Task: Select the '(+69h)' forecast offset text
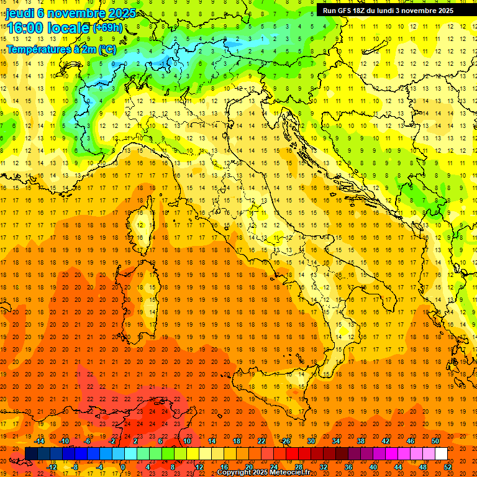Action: coord(107,28)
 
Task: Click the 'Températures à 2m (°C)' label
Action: coord(61,48)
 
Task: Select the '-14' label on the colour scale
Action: coord(40,441)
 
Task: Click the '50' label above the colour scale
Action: coord(435,441)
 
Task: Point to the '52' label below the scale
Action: coord(448,467)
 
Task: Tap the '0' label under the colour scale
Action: coord(123,467)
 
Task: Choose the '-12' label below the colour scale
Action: coord(52,467)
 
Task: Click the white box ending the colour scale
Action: coord(441,454)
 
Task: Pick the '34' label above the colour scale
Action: coord(336,441)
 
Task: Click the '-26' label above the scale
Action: coord(285,441)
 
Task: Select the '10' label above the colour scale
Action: coord(187,441)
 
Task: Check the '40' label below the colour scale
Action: coord(373,467)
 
